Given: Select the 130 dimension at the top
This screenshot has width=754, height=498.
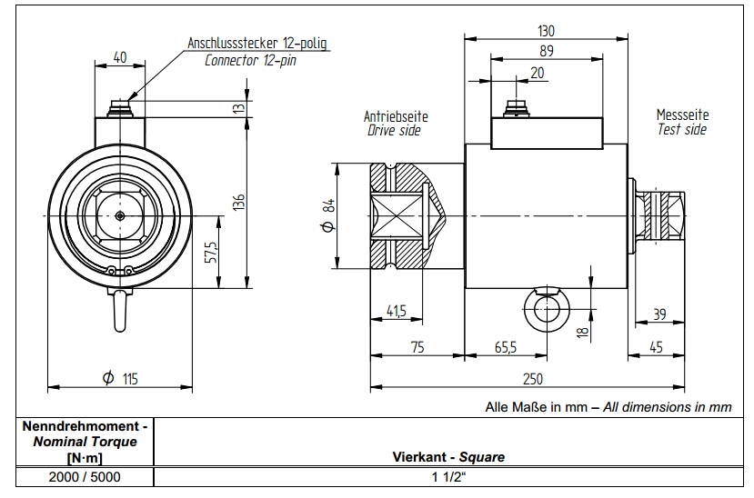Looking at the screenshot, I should point(545,30).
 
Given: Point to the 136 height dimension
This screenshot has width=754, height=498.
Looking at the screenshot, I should point(238,202).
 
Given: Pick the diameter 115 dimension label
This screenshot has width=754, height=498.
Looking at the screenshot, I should point(121,378).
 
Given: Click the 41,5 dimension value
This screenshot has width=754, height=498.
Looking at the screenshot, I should point(396,311).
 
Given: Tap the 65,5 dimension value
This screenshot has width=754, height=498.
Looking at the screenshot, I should point(506,347).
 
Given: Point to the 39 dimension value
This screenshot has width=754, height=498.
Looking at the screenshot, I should point(659,314).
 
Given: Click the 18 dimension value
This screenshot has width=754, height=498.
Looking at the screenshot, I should point(583,330).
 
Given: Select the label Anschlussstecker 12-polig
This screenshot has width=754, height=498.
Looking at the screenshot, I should point(256,43).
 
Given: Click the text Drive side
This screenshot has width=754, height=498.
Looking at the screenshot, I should point(394,130).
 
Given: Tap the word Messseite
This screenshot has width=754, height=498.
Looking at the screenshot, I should point(682,115).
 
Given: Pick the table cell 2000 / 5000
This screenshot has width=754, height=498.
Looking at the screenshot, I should point(77,476).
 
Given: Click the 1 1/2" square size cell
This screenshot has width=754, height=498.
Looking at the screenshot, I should point(448,476).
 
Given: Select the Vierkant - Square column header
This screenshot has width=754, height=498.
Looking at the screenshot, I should point(448,456).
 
